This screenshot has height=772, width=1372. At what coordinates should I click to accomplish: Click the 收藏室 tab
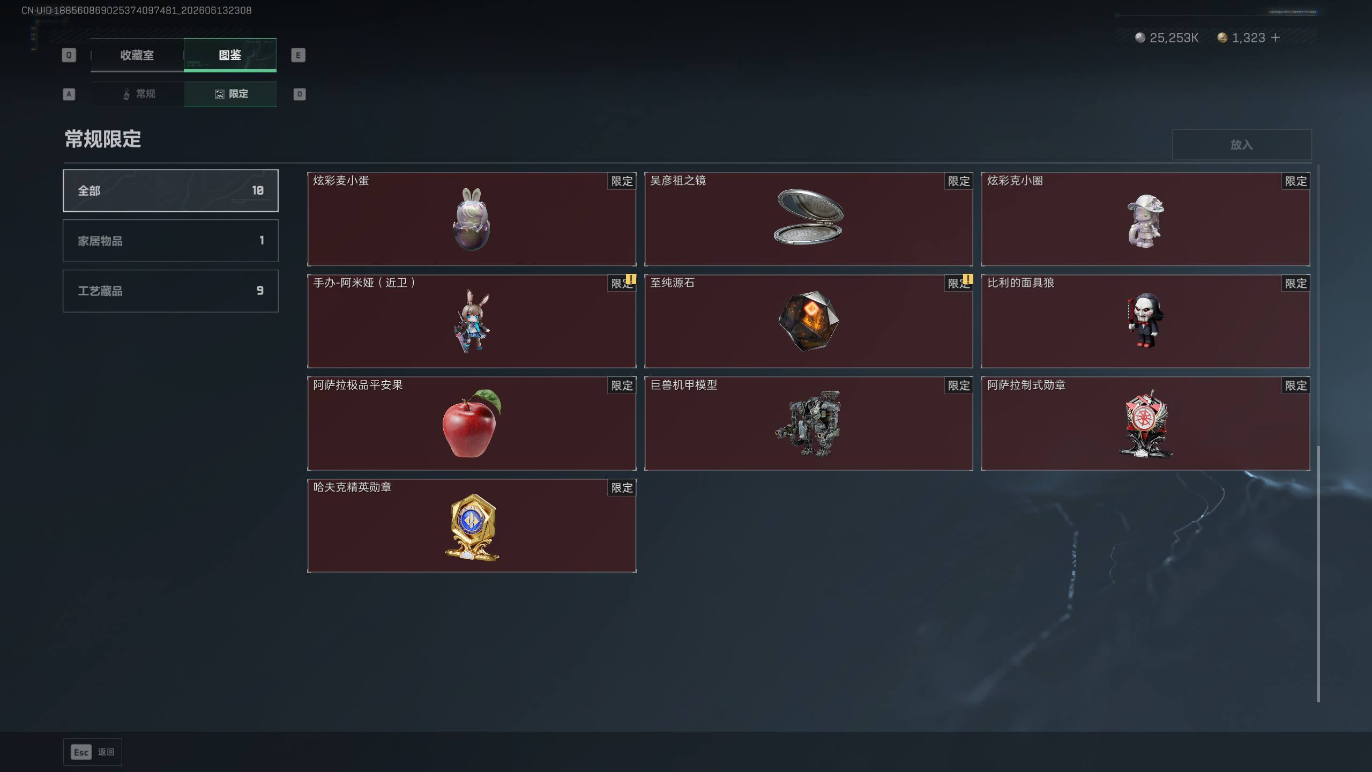click(137, 55)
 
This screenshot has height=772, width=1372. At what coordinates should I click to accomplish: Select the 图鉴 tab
click(230, 55)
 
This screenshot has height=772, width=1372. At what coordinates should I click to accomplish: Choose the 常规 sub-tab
click(138, 94)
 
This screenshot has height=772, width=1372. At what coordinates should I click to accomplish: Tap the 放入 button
click(1241, 145)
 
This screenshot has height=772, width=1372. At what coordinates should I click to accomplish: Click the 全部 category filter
click(170, 191)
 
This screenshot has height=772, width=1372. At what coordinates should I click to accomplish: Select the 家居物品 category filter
click(170, 241)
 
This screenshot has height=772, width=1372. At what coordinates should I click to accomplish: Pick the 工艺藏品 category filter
click(170, 291)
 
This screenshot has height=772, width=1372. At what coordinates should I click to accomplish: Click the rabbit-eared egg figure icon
click(472, 219)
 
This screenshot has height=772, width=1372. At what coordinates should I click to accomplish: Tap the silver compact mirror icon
click(809, 217)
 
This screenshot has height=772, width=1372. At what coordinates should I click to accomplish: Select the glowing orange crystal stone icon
click(809, 321)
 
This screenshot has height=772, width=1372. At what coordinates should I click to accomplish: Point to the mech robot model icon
click(809, 424)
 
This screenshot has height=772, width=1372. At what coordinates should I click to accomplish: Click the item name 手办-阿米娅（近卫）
click(364, 283)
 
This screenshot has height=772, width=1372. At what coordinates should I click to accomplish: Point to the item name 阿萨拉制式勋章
click(1026, 385)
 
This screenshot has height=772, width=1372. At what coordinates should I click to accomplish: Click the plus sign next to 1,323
click(1276, 38)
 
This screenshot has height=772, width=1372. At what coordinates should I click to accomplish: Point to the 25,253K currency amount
click(1174, 38)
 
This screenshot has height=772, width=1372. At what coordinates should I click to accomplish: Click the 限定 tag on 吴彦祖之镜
click(959, 181)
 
